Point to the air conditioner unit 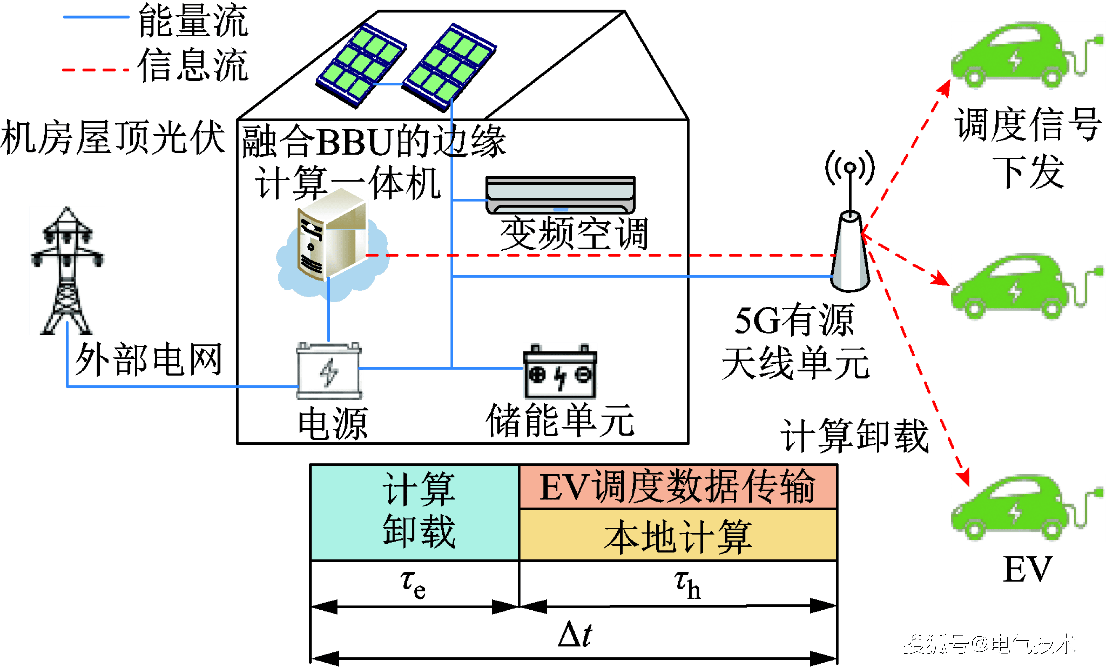pos(560,195)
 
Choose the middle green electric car pos(1027,287)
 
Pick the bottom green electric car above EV pos(1027,508)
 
